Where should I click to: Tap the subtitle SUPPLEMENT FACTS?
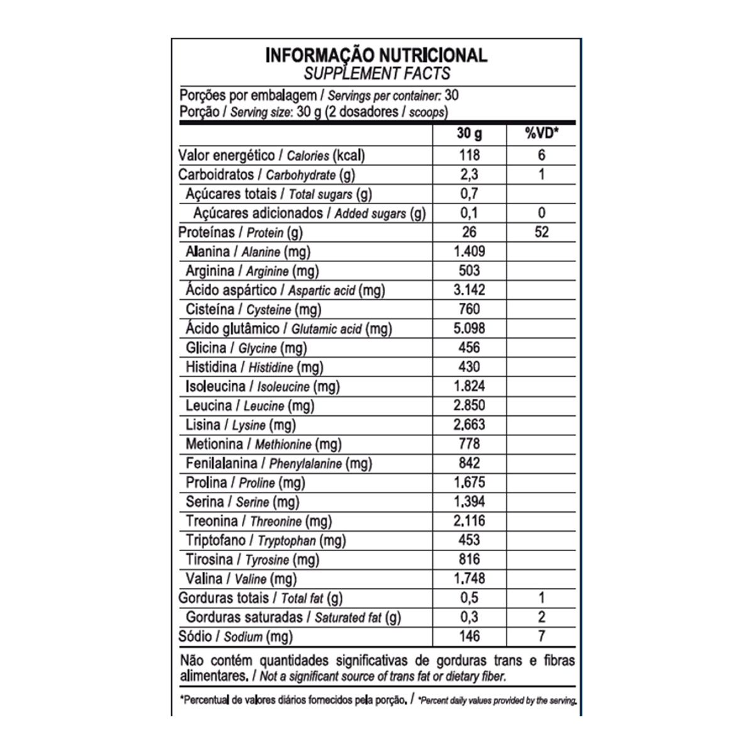[376, 74]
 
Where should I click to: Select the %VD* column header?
[541, 134]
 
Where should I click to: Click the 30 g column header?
[469, 134]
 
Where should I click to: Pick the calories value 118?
[469, 155]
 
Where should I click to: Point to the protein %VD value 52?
[541, 232]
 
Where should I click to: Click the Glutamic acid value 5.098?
[469, 328]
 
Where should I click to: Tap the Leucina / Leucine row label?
[250, 406]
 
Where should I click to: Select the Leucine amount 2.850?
[469, 405]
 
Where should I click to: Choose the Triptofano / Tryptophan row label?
[266, 540]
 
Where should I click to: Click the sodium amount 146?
[469, 637]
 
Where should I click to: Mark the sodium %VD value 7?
[541, 637]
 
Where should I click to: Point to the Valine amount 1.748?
[469, 579]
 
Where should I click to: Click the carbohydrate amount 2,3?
[469, 175]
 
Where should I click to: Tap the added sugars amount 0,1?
[469, 213]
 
